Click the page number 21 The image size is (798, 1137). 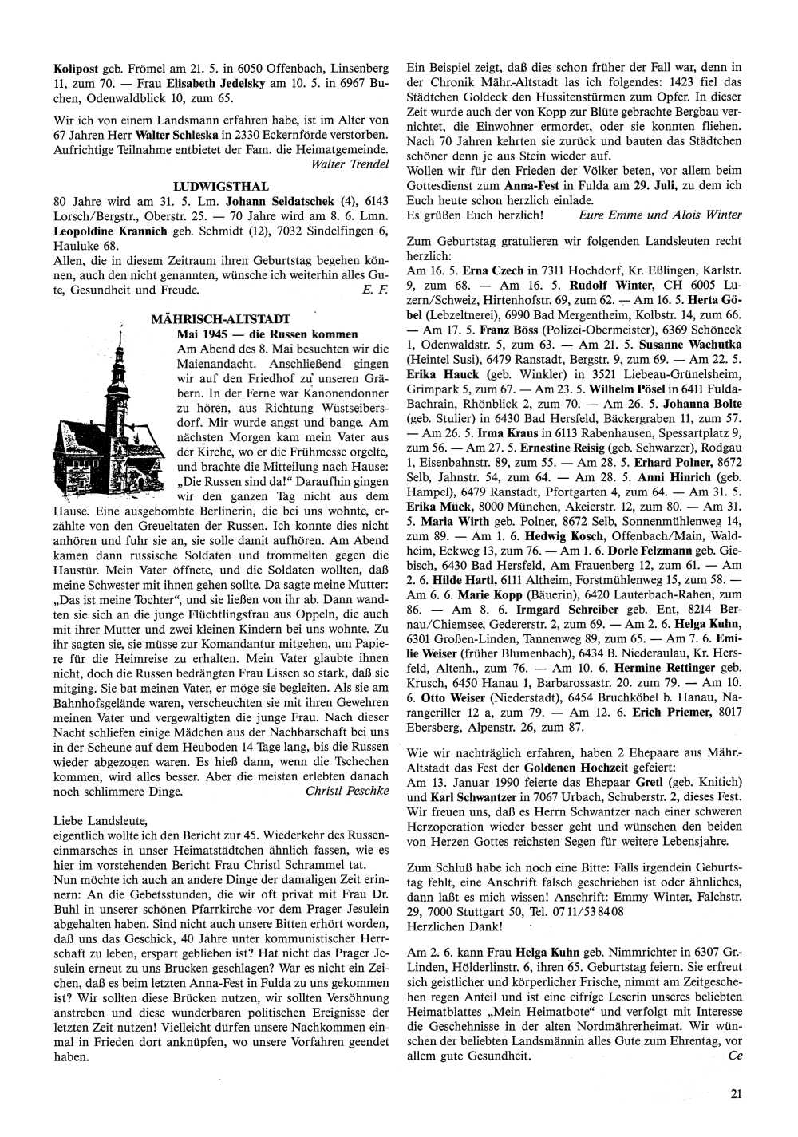click(x=736, y=1094)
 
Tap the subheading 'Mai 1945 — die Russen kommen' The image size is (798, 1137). click(x=267, y=334)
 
